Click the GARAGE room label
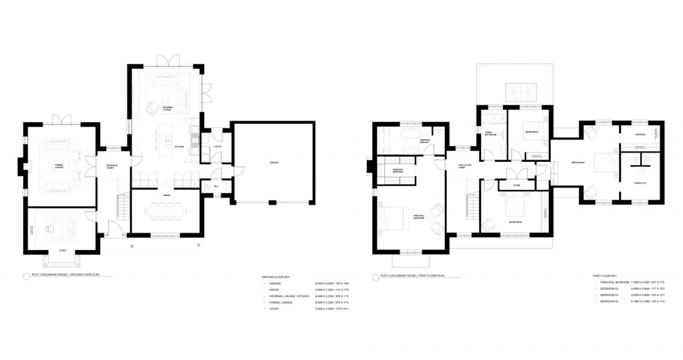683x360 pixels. click(x=273, y=163)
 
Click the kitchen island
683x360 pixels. click(x=164, y=137)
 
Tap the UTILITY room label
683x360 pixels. click(x=217, y=146)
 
